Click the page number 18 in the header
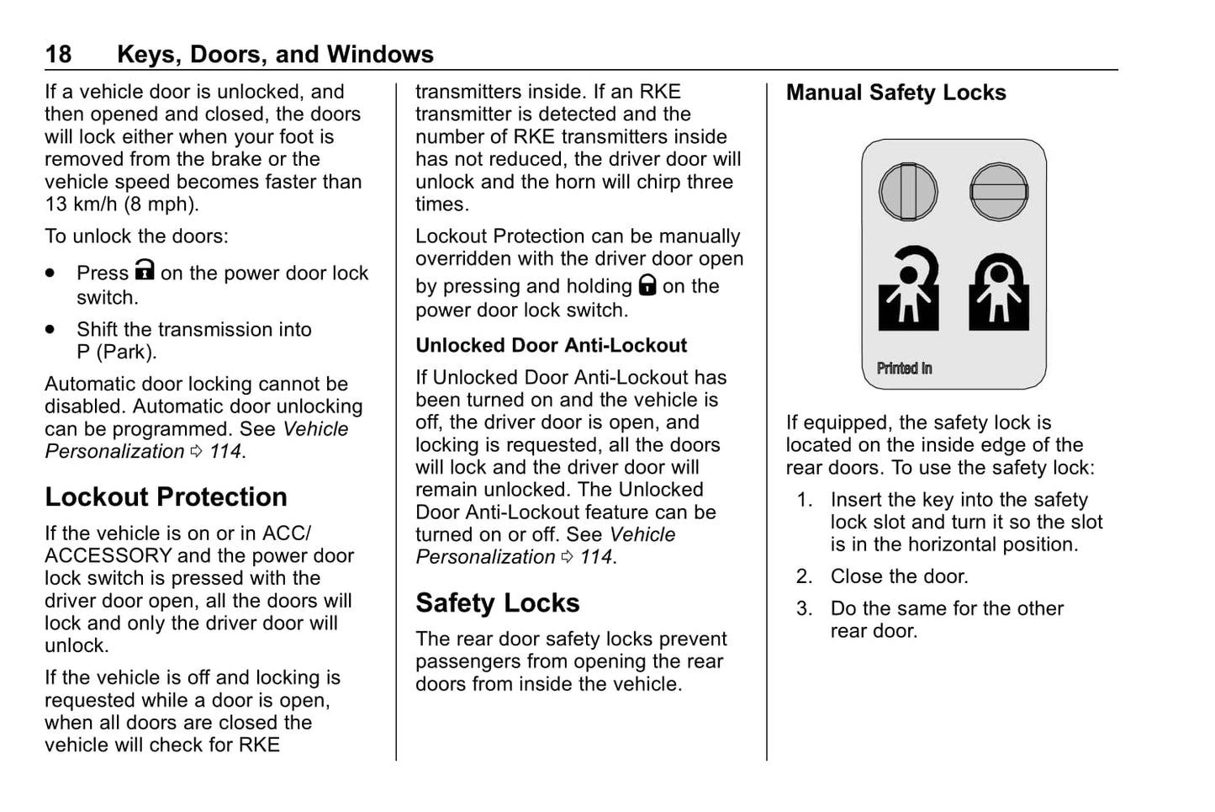click(x=58, y=55)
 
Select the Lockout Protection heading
click(x=166, y=497)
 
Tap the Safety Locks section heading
click(x=497, y=603)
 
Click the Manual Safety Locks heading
click(x=895, y=93)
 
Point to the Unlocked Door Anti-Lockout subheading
click(x=551, y=346)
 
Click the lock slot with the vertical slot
click(x=908, y=192)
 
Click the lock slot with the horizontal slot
click(x=999, y=192)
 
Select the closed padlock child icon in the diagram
click(x=999, y=292)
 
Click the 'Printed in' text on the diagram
click(x=904, y=369)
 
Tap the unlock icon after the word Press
click(x=145, y=270)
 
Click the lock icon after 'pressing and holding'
click(x=647, y=284)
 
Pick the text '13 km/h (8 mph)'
click(x=121, y=204)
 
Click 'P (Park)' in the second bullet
click(x=116, y=353)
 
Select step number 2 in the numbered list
click(x=804, y=577)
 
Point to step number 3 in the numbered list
click(x=804, y=609)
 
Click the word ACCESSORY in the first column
click(x=108, y=556)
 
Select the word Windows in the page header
click(x=380, y=55)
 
